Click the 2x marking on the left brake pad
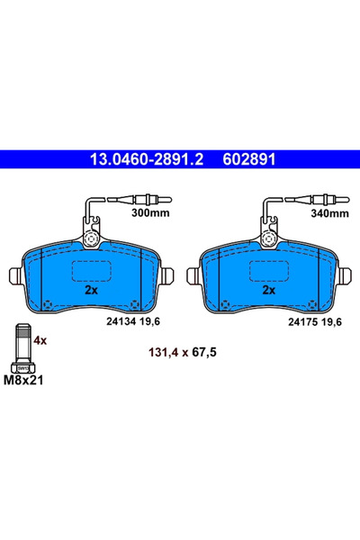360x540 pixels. tap(91, 291)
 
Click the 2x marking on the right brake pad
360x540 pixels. tap(267, 291)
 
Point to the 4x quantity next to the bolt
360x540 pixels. tap(40, 342)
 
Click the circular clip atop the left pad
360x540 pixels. tap(91, 239)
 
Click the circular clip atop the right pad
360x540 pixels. tap(268, 239)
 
